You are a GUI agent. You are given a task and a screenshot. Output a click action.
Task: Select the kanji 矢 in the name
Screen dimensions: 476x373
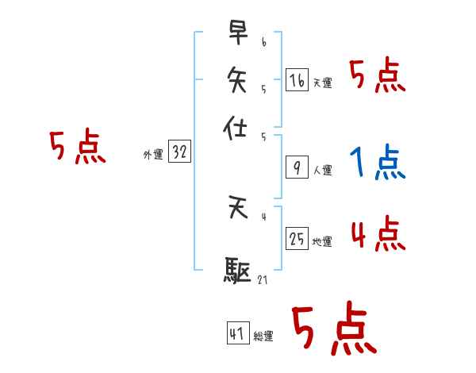238,79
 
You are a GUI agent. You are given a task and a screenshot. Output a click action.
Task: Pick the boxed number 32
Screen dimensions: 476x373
179,152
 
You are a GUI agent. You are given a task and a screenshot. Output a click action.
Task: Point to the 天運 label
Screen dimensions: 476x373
323,83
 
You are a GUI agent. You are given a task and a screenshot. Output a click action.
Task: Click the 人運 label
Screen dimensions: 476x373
323,170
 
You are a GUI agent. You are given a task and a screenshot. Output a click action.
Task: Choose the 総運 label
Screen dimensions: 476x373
263,336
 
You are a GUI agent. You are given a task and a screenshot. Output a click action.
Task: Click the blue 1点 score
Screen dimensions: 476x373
378,163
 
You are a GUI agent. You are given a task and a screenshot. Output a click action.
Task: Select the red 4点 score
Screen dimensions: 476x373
378,234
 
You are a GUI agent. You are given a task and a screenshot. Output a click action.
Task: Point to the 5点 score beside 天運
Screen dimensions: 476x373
378,76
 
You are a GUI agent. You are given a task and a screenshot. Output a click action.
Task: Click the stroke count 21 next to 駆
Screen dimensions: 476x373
262,279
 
